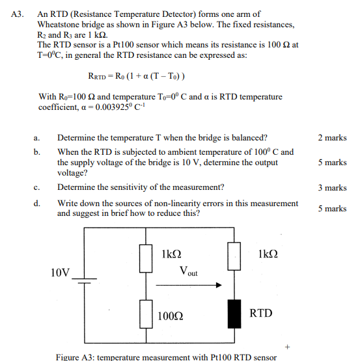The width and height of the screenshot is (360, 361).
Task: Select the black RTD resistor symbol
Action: tap(233, 314)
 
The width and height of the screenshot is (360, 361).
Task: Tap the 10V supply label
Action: tap(60, 272)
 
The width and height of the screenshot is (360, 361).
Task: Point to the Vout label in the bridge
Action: tap(188, 271)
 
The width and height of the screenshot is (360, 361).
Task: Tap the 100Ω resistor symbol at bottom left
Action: tap(146, 314)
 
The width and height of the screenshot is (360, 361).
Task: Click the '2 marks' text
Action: tap(332, 138)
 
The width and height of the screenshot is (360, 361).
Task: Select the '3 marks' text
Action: tap(332, 188)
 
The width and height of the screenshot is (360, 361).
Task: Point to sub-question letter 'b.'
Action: tap(38, 152)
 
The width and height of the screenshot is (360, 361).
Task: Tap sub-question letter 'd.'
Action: tap(38, 204)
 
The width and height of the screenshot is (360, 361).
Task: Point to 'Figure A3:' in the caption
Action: tap(77, 356)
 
